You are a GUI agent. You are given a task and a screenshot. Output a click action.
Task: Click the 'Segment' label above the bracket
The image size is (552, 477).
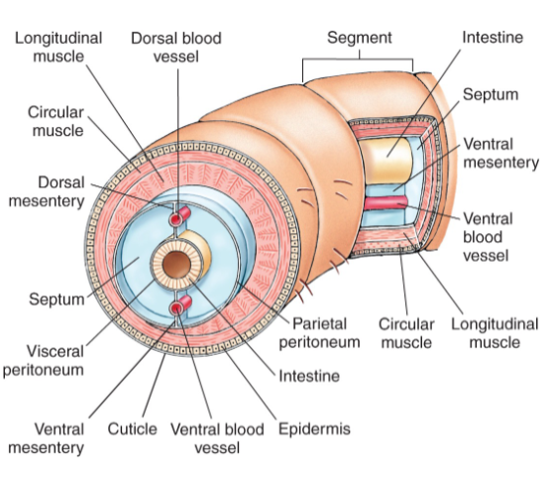coord(360,38)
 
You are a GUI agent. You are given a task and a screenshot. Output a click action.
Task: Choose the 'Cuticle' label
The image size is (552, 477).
coord(132,429)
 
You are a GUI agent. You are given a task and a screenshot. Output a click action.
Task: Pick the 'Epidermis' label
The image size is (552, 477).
coord(314,429)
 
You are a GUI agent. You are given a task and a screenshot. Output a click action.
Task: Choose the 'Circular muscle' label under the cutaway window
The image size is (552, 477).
coord(407,333)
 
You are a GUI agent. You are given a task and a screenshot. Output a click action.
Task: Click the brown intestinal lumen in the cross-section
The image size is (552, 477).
coord(178,265)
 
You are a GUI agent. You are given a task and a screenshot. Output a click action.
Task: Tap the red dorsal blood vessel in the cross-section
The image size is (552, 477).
coord(178,217)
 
